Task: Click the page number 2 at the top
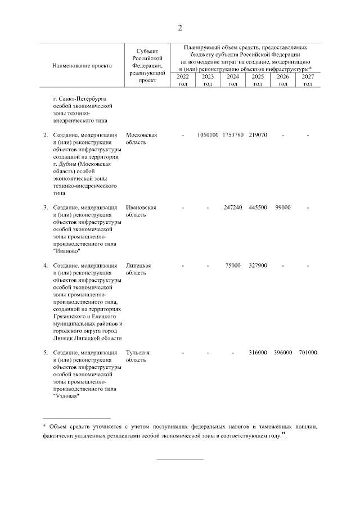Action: coord(180,28)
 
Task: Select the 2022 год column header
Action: coord(183,80)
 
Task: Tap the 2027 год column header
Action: coord(308,80)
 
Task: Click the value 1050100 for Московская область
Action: coord(208,136)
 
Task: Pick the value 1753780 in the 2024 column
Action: coord(233,136)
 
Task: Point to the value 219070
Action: coord(258,136)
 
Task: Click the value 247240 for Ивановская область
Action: coord(233,208)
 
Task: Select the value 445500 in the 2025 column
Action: coord(258,208)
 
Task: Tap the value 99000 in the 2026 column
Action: coord(283,208)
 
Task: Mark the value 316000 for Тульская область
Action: coord(258,353)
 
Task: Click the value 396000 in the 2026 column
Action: coord(283,353)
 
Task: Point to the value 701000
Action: coord(308,353)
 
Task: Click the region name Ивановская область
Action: coord(141,211)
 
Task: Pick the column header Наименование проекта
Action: coord(82,66)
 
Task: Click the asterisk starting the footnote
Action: coord(44,427)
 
